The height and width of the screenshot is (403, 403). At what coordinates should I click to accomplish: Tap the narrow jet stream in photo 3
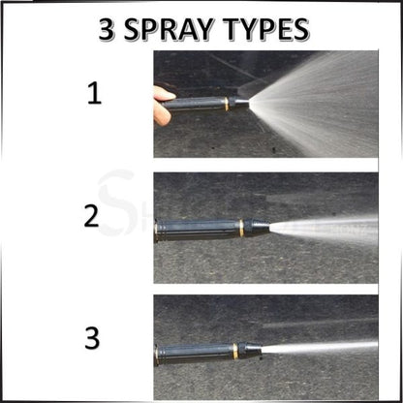(320, 346)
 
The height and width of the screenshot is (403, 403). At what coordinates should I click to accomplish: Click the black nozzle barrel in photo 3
(194, 349)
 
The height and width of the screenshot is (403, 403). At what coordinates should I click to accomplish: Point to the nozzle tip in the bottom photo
(258, 346)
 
